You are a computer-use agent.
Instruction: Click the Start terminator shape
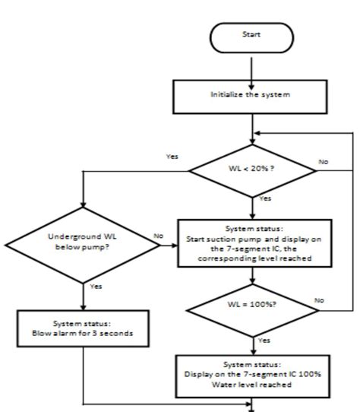point(252,34)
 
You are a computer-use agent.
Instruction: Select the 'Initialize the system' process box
point(252,96)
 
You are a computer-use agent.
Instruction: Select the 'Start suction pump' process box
point(252,243)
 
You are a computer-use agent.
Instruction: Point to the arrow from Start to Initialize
point(252,64)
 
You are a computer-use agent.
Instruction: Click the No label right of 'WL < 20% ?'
point(324,163)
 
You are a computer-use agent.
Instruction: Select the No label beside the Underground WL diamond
point(159,236)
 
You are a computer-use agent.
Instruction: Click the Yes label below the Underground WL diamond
point(96,287)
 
